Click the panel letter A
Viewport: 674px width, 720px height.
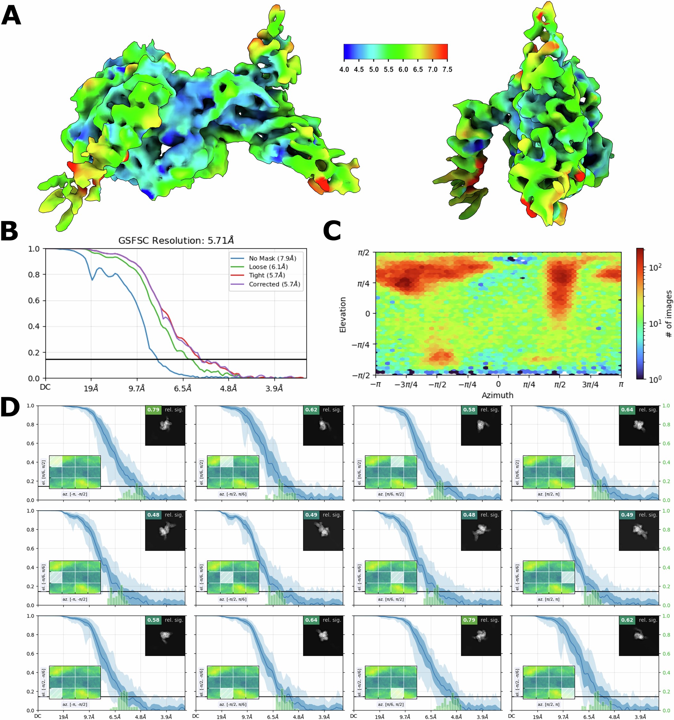pos(11,16)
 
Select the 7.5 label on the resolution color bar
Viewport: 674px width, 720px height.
pos(447,69)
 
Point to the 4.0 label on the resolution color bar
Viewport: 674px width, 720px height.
pos(344,69)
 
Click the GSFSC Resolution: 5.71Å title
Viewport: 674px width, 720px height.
pos(176,240)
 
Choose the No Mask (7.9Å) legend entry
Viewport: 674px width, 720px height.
pos(272,258)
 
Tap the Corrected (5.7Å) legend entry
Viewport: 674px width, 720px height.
pos(274,284)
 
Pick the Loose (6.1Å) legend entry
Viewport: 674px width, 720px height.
pos(268,267)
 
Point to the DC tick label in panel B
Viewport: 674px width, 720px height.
pos(45,387)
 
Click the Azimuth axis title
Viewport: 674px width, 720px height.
pos(497,395)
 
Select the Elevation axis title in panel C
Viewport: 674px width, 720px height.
pos(343,314)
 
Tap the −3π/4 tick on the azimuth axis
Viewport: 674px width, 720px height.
pos(406,384)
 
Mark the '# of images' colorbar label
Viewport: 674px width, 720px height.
pos(669,314)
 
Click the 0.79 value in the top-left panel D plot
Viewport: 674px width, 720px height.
pos(153,409)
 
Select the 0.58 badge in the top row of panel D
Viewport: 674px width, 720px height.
pos(469,409)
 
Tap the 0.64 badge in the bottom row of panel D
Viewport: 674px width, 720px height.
pos(311,620)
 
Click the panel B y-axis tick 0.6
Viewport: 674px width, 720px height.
pos(34,301)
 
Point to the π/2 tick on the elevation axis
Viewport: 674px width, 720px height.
pos(363,253)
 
